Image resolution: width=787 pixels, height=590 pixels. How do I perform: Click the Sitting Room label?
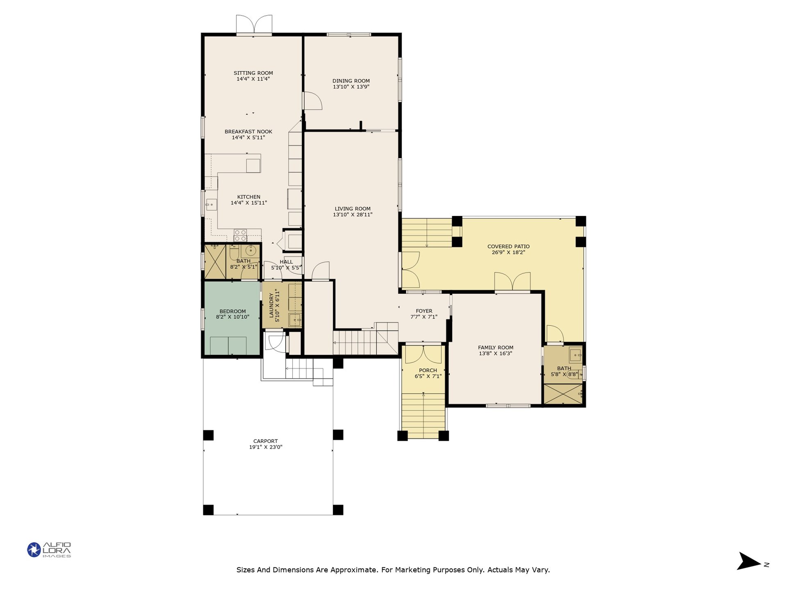click(253, 73)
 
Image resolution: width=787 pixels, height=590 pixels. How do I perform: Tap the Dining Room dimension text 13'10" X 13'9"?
click(351, 87)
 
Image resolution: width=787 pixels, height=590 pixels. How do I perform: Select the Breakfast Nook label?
click(248, 132)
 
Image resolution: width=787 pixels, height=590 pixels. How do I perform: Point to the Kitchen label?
click(249, 197)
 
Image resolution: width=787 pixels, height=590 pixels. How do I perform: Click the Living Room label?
click(353, 209)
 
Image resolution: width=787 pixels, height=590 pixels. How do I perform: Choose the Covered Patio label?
click(508, 246)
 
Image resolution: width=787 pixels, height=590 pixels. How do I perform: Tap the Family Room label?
click(496, 347)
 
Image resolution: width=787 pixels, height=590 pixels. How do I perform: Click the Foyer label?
click(424, 311)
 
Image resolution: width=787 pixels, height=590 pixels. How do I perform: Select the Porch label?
click(428, 370)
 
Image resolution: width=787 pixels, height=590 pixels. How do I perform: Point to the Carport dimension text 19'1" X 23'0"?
click(266, 447)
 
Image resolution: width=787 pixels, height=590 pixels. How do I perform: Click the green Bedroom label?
click(232, 311)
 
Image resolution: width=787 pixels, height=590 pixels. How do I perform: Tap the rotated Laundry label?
click(271, 305)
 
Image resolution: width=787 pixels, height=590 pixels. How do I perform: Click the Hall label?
click(286, 262)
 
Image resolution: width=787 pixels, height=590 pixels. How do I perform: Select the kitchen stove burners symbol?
click(240, 235)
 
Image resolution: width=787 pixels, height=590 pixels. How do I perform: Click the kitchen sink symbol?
click(211, 204)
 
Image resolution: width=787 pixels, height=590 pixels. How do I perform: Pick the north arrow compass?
click(750, 561)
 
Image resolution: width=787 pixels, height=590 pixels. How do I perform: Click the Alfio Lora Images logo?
click(49, 550)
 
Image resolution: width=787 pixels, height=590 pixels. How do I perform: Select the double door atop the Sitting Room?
click(254, 25)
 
